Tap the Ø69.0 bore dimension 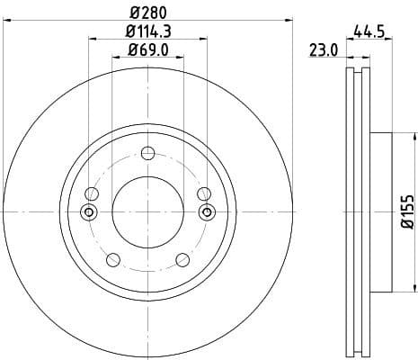point(148,49)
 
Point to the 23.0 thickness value point(323,51)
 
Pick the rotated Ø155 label point(405,212)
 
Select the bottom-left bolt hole point(112,260)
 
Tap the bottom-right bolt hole point(183,260)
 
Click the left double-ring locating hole point(88,212)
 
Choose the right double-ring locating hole point(207,212)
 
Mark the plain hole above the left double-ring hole point(91,193)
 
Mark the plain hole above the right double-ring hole point(204,193)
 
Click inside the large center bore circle point(147,212)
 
